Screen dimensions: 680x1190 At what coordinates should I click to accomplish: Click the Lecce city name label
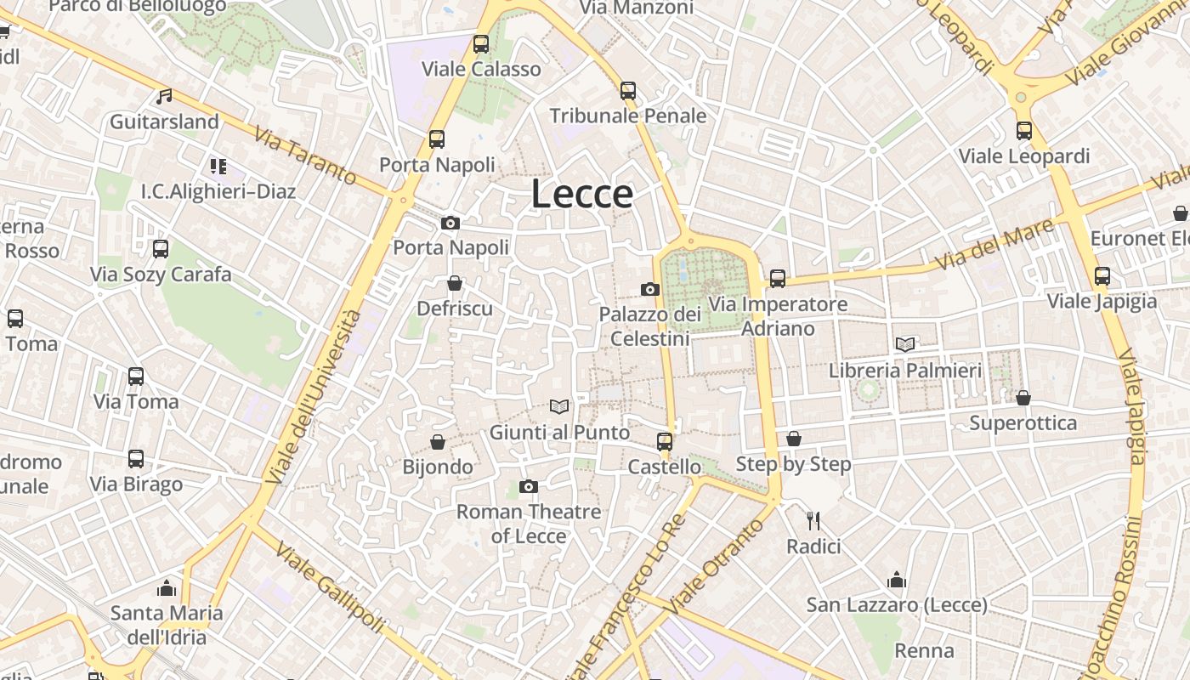tap(582, 194)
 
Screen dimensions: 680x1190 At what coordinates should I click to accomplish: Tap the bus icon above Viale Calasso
tap(481, 44)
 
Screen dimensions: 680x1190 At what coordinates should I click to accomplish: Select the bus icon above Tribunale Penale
tap(628, 91)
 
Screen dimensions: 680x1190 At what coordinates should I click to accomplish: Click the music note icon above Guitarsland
tap(164, 97)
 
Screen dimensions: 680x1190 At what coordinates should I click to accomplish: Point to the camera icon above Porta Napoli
tap(450, 224)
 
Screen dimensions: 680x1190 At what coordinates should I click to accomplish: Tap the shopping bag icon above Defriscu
tap(455, 283)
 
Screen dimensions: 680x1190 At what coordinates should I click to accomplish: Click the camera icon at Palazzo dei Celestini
tap(650, 290)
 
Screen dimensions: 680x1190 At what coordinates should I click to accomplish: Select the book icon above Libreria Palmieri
tap(905, 344)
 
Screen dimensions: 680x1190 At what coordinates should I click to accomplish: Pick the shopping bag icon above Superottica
tap(1023, 398)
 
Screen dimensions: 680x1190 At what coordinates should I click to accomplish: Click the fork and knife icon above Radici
tap(813, 520)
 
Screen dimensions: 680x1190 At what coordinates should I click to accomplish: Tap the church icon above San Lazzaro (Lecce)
tap(897, 581)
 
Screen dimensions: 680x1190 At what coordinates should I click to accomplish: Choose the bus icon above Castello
tap(665, 442)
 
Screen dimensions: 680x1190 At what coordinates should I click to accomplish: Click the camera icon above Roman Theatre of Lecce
tap(529, 486)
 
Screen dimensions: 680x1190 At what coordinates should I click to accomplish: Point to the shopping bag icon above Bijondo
tap(438, 442)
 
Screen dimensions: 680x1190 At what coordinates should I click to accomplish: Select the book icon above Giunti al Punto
tap(558, 407)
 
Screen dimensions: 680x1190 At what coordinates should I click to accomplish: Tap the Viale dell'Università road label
tap(312, 397)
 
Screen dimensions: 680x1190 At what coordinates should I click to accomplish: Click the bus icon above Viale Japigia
tap(1102, 276)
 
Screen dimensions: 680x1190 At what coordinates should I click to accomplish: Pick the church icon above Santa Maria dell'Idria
tap(167, 588)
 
